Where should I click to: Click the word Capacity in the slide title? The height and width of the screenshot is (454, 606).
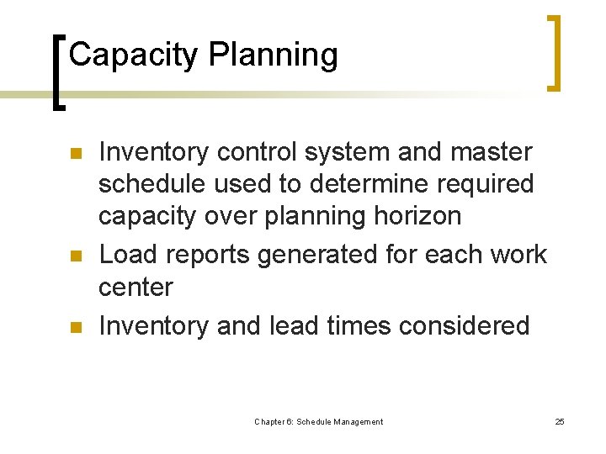tap(134, 55)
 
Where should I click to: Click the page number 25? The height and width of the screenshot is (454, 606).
tap(560, 421)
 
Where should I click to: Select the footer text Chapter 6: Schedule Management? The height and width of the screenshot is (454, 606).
tap(318, 421)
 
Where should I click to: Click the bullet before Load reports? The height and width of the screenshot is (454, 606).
tap(74, 255)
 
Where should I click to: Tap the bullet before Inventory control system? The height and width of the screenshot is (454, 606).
tap(74, 154)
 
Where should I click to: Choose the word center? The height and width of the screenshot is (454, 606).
tap(135, 288)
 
